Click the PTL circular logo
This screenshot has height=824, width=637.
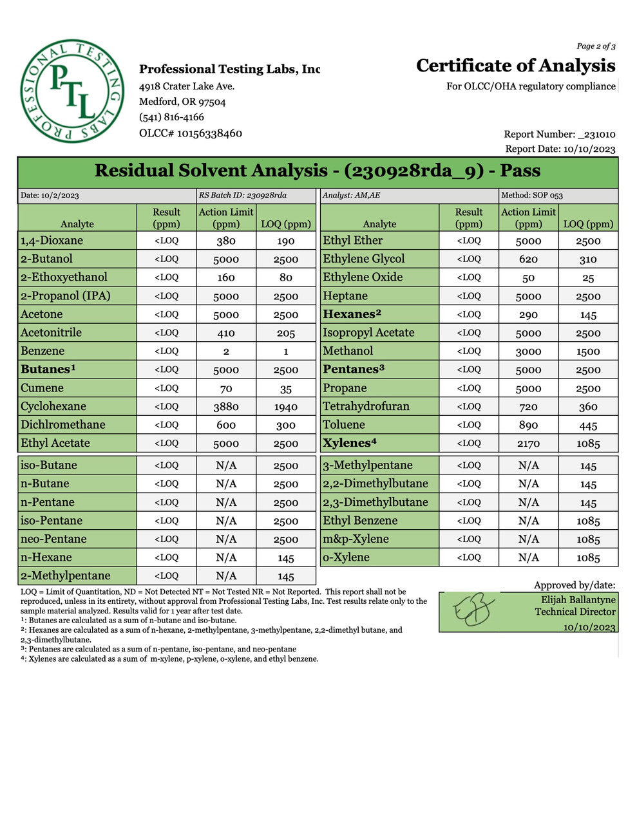[x=71, y=90]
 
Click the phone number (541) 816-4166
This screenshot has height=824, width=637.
[x=171, y=117]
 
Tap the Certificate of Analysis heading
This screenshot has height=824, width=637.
[x=515, y=66]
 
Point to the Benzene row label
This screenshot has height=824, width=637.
[x=43, y=351]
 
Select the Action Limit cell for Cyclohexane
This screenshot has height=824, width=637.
[x=226, y=407]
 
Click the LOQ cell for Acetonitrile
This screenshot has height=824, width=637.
[x=285, y=333]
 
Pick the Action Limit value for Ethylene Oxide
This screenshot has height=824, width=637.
[x=528, y=277]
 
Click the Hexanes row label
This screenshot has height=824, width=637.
[x=352, y=314]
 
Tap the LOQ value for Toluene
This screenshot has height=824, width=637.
[x=587, y=426]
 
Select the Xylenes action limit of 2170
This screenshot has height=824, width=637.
[x=528, y=444]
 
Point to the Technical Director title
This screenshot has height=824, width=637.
[x=575, y=612]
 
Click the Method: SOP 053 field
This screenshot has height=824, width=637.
[x=532, y=195]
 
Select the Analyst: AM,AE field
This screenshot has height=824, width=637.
[x=351, y=195]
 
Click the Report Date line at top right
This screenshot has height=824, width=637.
[x=560, y=149]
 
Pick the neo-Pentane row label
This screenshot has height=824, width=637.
[x=53, y=539]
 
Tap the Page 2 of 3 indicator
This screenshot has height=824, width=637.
[x=596, y=46]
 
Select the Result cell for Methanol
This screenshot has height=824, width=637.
[x=468, y=351]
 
